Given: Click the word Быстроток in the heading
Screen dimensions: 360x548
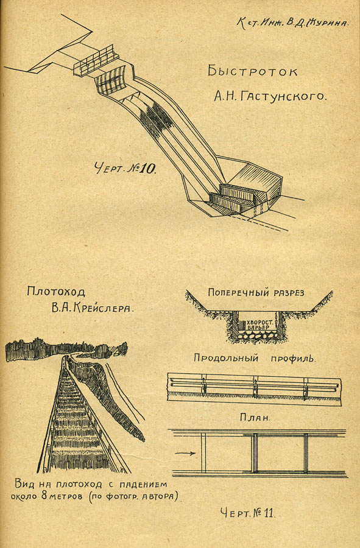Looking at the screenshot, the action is (x=252, y=71).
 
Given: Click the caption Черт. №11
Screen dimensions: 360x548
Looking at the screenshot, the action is (x=247, y=513).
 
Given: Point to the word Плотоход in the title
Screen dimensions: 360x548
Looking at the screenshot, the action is (x=56, y=291).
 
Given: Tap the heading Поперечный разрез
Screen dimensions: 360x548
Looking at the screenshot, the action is (x=256, y=292).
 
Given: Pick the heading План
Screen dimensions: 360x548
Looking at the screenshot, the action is (x=255, y=417).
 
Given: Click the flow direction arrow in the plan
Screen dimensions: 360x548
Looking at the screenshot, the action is (x=185, y=453).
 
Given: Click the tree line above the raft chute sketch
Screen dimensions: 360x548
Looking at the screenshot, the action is (x=66, y=349).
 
